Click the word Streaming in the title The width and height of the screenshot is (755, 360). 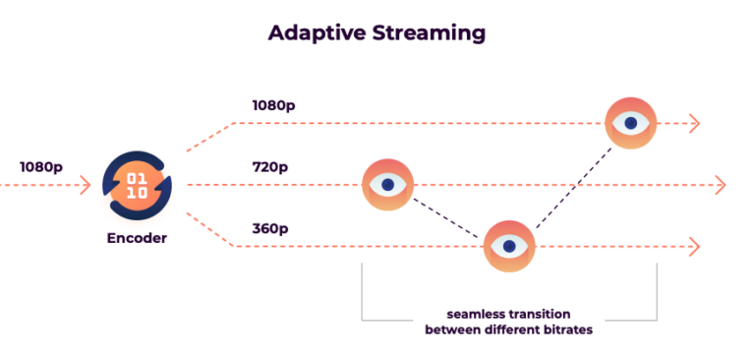(429, 32)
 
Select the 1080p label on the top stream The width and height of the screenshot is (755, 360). (273, 105)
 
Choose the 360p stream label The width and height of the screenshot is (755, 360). (270, 228)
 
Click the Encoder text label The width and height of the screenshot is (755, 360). (137, 237)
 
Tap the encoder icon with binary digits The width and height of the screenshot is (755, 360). (137, 184)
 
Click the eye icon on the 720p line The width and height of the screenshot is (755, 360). (388, 184)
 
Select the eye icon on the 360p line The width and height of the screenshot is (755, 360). (509, 245)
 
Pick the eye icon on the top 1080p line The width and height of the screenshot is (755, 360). (630, 123)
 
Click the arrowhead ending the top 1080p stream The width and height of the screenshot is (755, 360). (694, 123)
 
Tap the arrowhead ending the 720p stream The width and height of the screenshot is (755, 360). (720, 185)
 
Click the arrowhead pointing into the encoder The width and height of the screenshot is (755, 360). (85, 184)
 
